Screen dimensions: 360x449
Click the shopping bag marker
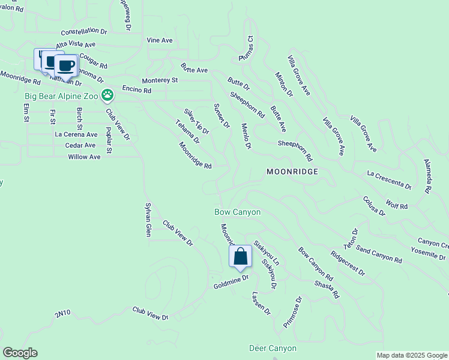point(240,257)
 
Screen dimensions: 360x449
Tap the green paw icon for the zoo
point(107,95)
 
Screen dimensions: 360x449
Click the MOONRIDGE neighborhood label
point(292,172)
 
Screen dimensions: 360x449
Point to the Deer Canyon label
point(273,348)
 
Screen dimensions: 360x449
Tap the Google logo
point(19,353)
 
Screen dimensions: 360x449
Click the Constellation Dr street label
point(83,32)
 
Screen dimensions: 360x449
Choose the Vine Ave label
point(160,40)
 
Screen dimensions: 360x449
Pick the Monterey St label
point(160,80)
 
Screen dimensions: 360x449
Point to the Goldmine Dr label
point(231,281)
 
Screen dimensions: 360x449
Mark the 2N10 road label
point(62,313)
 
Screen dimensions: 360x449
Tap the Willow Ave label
point(84,157)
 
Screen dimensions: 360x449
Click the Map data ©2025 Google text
point(412,355)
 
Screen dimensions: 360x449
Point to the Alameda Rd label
point(427,176)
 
